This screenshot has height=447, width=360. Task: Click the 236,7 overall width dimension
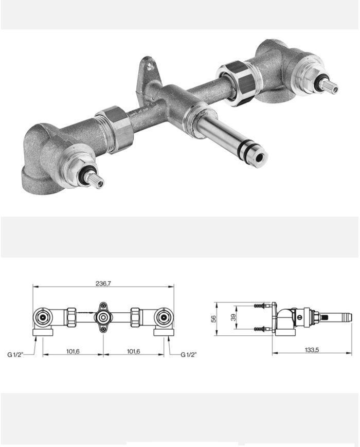(103, 283)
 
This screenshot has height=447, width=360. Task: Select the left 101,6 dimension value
(73, 351)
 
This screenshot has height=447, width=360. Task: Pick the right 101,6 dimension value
(133, 351)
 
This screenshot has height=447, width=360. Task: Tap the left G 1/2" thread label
(15, 354)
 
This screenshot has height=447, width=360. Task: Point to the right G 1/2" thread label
(189, 354)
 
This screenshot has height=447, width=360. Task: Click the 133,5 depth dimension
(312, 350)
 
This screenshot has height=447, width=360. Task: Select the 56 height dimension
(213, 319)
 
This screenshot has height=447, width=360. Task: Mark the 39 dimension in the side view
(233, 317)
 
